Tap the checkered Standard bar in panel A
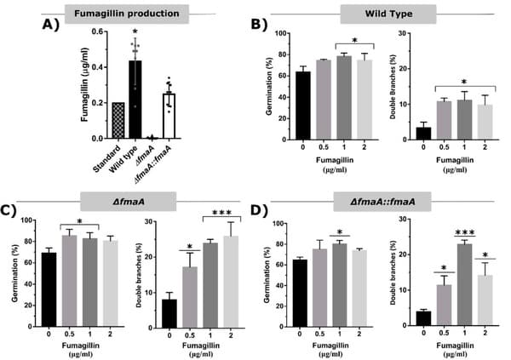(x=117, y=120)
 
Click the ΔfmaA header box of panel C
(x=128, y=201)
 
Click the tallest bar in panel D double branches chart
(x=464, y=284)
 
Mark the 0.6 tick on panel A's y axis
(x=100, y=31)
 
